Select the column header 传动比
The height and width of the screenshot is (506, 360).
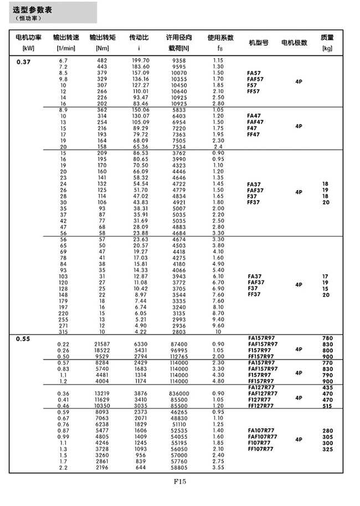[138, 38]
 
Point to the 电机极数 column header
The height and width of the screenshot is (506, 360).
[294, 43]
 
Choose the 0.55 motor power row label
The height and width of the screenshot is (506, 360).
[24, 338]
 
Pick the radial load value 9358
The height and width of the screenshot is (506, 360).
[179, 60]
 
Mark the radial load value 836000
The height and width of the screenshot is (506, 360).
[179, 393]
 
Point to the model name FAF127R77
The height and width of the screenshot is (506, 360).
[263, 393]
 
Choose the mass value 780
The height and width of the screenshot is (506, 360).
[327, 338]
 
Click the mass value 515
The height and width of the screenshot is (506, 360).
[327, 406]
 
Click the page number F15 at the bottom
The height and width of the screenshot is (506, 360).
[180, 482]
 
